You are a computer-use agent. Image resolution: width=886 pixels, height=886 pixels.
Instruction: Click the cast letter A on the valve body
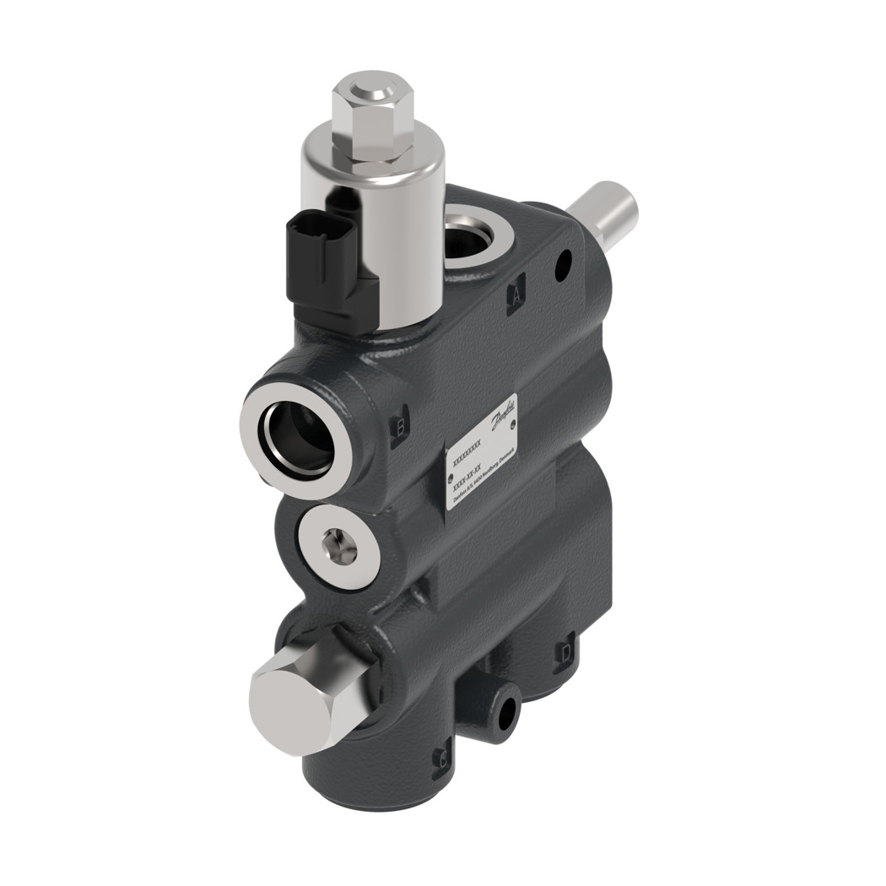tap(516, 294)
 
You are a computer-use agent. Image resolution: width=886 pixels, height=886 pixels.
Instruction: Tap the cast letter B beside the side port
tap(402, 427)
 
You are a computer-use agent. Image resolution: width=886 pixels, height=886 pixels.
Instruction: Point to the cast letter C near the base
tap(441, 760)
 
